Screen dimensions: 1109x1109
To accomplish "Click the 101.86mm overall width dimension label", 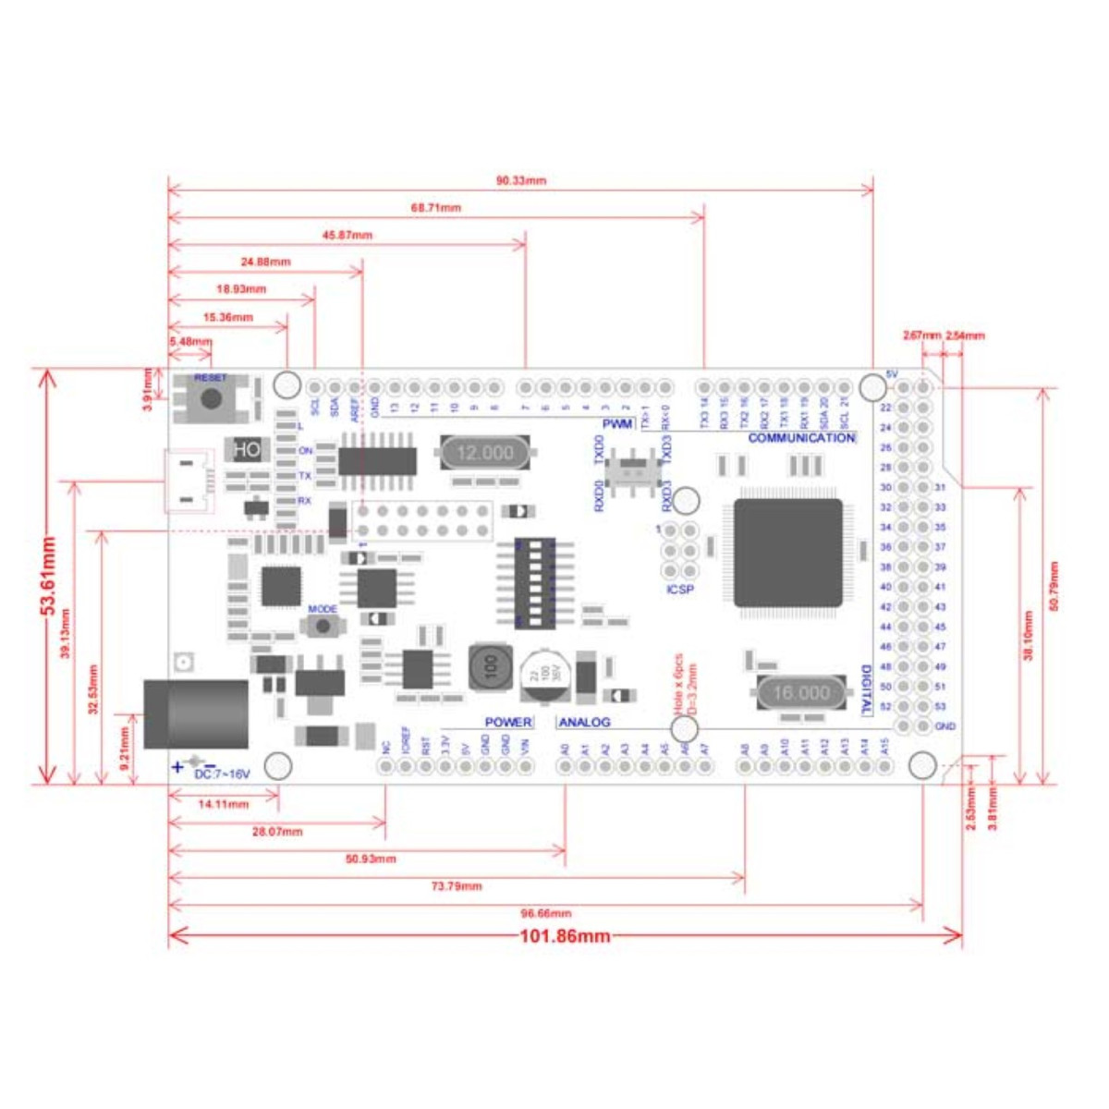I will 565,936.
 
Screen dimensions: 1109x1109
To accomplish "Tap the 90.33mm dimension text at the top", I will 520,180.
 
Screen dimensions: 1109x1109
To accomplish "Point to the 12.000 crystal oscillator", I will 484,453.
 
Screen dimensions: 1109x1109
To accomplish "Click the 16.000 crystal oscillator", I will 800,693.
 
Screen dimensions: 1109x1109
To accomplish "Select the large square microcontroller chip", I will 788,553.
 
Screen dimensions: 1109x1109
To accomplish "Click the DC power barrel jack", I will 196,713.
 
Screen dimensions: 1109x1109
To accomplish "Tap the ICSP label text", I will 679,590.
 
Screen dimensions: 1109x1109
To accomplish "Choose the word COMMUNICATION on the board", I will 801,438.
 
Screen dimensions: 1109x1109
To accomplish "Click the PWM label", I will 617,424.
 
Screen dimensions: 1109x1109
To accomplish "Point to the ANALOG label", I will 584,722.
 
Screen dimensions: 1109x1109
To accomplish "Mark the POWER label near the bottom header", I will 508,722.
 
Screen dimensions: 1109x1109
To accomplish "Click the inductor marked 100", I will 491,667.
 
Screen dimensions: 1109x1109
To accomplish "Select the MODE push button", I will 323,626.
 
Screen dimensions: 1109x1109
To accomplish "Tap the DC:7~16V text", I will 222,774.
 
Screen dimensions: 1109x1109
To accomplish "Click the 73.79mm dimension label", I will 457,886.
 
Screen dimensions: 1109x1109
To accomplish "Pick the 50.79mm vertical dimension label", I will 1054,586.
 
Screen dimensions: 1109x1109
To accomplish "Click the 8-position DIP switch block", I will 535,583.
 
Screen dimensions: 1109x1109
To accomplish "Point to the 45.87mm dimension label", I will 347,235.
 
